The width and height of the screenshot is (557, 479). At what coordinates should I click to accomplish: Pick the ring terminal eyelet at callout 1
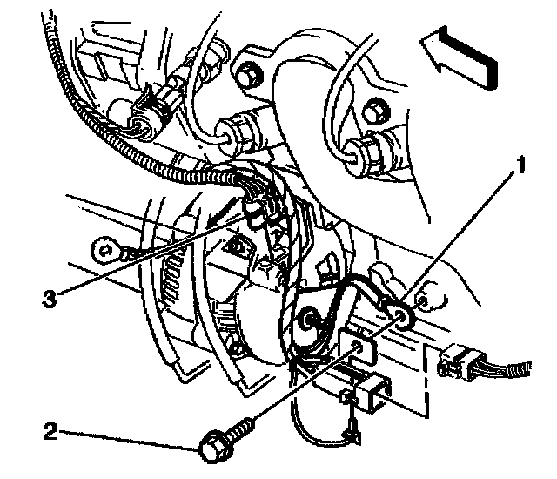pyautogui.click(x=402, y=314)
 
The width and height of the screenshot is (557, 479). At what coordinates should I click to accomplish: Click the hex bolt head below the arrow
pyautogui.click(x=373, y=111)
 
